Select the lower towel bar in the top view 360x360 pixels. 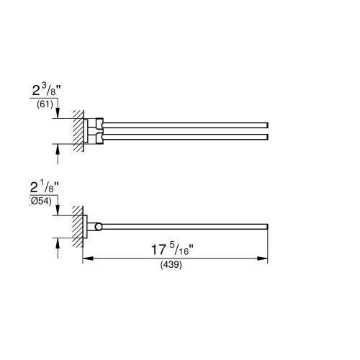pos(187,135)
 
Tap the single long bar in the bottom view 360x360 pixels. pos(187,228)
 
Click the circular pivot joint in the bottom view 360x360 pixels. pos(99,228)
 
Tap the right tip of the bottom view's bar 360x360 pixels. pos(268,228)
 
